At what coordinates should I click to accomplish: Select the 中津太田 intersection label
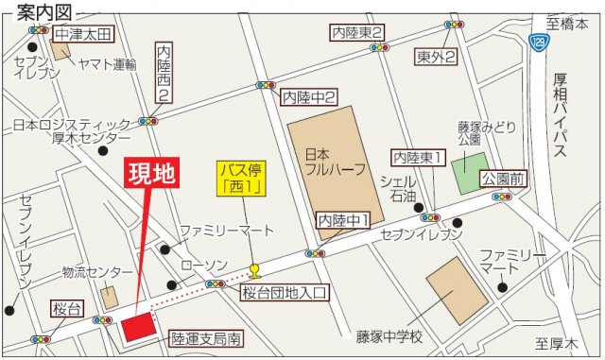83,35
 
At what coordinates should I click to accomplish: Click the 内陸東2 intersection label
357,33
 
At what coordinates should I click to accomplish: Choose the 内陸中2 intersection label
310,95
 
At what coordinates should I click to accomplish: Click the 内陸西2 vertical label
165,71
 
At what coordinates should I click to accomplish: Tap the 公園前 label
501,178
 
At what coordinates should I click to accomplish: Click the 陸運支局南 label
207,334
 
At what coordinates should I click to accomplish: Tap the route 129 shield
540,43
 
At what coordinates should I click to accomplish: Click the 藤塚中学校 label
390,335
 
